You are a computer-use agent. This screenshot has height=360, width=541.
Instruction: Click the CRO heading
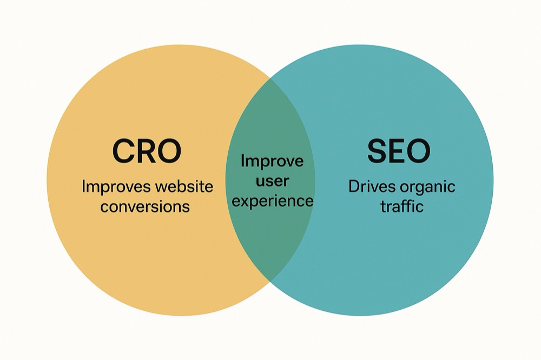(x=147, y=151)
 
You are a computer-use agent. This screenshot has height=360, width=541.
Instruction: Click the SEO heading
(x=399, y=151)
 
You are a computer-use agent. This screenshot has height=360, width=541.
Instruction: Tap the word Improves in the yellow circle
(x=116, y=187)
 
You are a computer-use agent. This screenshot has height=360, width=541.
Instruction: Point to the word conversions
(x=145, y=206)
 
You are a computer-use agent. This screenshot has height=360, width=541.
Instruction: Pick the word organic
(x=427, y=188)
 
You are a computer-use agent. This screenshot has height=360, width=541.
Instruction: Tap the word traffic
(x=402, y=206)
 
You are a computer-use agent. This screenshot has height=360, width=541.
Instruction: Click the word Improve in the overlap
(x=272, y=162)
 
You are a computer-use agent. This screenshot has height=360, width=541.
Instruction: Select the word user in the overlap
(x=273, y=181)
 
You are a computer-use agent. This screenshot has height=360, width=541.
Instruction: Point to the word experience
(x=273, y=202)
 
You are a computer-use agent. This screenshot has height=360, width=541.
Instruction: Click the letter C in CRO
(x=123, y=151)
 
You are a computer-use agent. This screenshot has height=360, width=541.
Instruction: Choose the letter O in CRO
(x=169, y=151)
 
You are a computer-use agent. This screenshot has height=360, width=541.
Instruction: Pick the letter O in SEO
(x=418, y=151)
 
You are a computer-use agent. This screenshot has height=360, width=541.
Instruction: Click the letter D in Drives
(x=354, y=186)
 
